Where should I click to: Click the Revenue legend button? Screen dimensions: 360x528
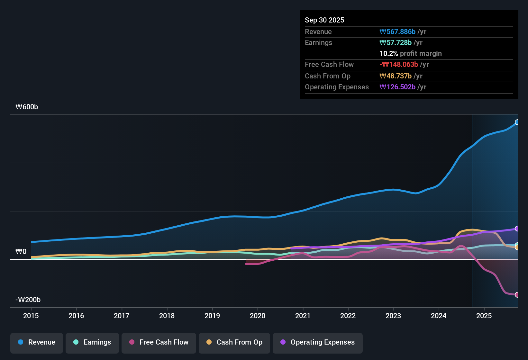coord(37,342)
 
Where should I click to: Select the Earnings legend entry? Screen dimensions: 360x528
coord(92,342)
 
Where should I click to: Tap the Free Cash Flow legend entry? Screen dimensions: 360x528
coord(159,342)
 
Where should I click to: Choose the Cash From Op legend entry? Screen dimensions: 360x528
coord(234,342)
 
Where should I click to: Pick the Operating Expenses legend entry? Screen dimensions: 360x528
coord(318,342)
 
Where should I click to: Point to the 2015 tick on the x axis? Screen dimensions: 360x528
coord(31,316)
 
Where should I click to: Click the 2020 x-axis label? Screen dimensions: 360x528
coord(258,316)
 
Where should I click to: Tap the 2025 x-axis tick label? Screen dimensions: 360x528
coord(484,316)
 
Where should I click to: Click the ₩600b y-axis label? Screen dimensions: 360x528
coord(27,107)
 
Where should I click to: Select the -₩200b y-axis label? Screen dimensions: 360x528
coord(28,300)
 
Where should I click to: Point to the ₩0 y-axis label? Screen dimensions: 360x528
coord(21,252)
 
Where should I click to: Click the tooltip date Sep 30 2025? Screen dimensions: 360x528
coord(324,20)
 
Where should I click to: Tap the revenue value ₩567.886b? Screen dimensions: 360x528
coord(397,32)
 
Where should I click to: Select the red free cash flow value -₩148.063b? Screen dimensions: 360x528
coord(399,65)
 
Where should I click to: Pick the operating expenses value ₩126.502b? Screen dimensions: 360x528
coord(397,87)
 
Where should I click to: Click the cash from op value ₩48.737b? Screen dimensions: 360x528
coord(396,76)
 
